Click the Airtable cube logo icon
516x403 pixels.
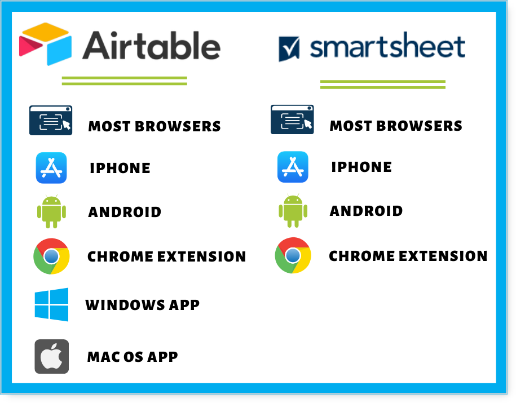(46, 44)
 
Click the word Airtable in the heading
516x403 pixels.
(151, 46)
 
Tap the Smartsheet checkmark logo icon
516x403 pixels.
(289, 48)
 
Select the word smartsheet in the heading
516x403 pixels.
(387, 46)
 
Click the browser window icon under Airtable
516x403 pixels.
(51, 121)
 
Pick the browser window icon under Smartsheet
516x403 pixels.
(292, 119)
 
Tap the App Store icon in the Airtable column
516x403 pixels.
(51, 168)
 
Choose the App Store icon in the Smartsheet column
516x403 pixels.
(293, 167)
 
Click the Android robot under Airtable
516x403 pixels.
(51, 211)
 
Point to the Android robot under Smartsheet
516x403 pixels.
(293, 211)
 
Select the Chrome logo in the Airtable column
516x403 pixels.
(51, 256)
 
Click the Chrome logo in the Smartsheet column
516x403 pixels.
(293, 255)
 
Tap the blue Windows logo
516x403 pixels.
(52, 304)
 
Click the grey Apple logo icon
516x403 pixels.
(52, 357)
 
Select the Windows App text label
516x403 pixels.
(143, 305)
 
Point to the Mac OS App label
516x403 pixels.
(133, 357)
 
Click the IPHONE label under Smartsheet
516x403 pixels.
(361, 167)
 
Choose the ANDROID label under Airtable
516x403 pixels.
(125, 212)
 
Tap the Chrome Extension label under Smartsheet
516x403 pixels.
(408, 256)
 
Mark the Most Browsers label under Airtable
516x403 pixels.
(155, 126)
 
